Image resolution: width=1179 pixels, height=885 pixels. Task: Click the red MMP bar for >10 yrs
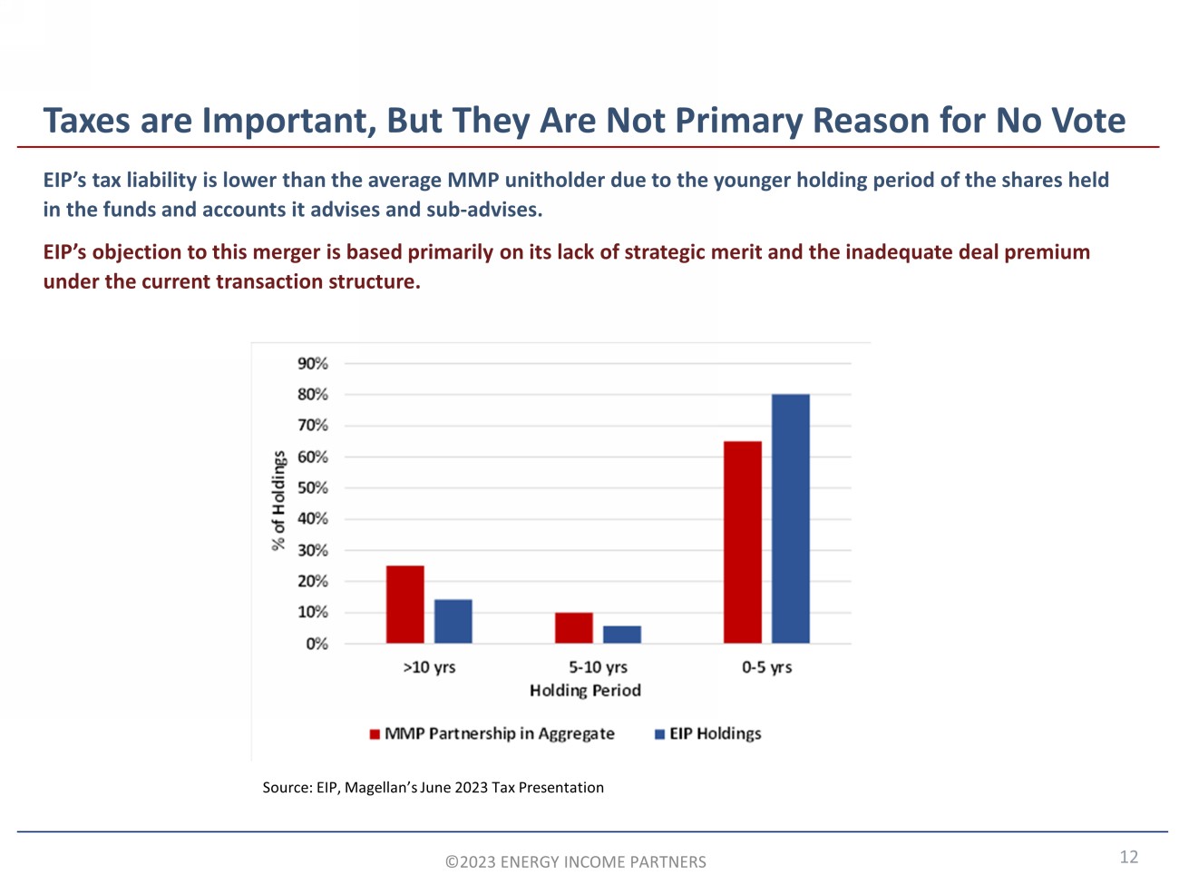[x=404, y=605]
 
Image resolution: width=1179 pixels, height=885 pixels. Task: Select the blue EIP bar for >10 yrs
[x=453, y=622]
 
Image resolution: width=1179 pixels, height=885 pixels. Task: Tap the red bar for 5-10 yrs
[x=573, y=628]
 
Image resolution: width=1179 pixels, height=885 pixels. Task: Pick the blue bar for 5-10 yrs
[x=621, y=634]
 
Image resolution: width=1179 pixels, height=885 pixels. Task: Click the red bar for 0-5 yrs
[x=742, y=542]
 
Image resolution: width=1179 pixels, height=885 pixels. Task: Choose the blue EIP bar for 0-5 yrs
[x=790, y=518]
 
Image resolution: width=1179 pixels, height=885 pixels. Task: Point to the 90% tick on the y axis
[x=313, y=364]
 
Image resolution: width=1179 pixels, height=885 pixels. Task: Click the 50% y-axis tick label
[x=313, y=488]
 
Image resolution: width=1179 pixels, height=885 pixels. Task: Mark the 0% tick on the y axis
[x=317, y=644]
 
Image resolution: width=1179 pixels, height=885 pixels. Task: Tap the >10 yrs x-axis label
[x=429, y=667]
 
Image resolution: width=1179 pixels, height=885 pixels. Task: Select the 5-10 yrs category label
[x=598, y=667]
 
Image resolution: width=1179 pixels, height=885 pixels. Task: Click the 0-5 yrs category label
[x=766, y=667]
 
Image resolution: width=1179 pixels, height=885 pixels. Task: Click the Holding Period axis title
[x=585, y=691]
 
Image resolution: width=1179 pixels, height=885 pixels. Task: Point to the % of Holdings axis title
[x=278, y=501]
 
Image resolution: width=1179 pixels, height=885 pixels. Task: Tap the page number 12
[x=1128, y=857]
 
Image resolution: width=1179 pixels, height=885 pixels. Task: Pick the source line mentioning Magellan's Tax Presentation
[x=433, y=788]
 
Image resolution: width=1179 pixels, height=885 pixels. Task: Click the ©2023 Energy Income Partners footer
[x=575, y=862]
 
